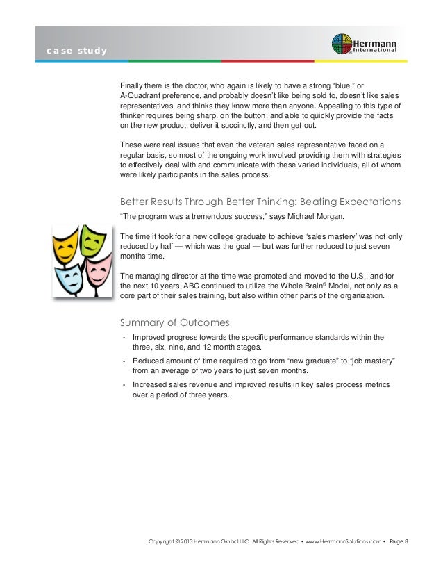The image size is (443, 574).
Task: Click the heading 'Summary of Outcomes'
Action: pos(175,322)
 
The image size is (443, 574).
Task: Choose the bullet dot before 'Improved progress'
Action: pos(123,338)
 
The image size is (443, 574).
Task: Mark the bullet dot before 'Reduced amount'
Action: pos(123,361)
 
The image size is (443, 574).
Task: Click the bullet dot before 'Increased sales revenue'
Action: pos(123,385)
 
